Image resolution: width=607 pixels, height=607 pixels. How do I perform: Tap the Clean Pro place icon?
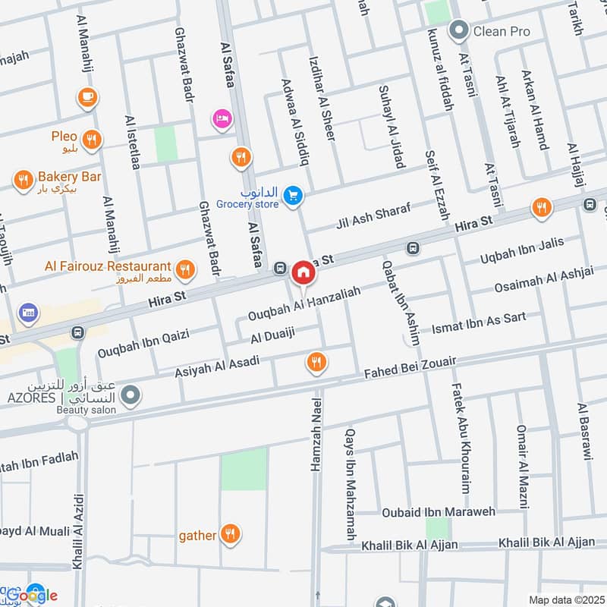pyautogui.click(x=458, y=32)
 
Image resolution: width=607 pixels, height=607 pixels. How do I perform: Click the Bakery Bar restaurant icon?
pyautogui.click(x=23, y=180)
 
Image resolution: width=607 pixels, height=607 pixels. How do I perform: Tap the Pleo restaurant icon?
pyautogui.click(x=91, y=139)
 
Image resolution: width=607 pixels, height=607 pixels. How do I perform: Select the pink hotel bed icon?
pyautogui.click(x=222, y=119)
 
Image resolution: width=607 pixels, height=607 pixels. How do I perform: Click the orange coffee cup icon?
pyautogui.click(x=87, y=97)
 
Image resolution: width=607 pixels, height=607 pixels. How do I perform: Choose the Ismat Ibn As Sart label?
pyautogui.click(x=478, y=323)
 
